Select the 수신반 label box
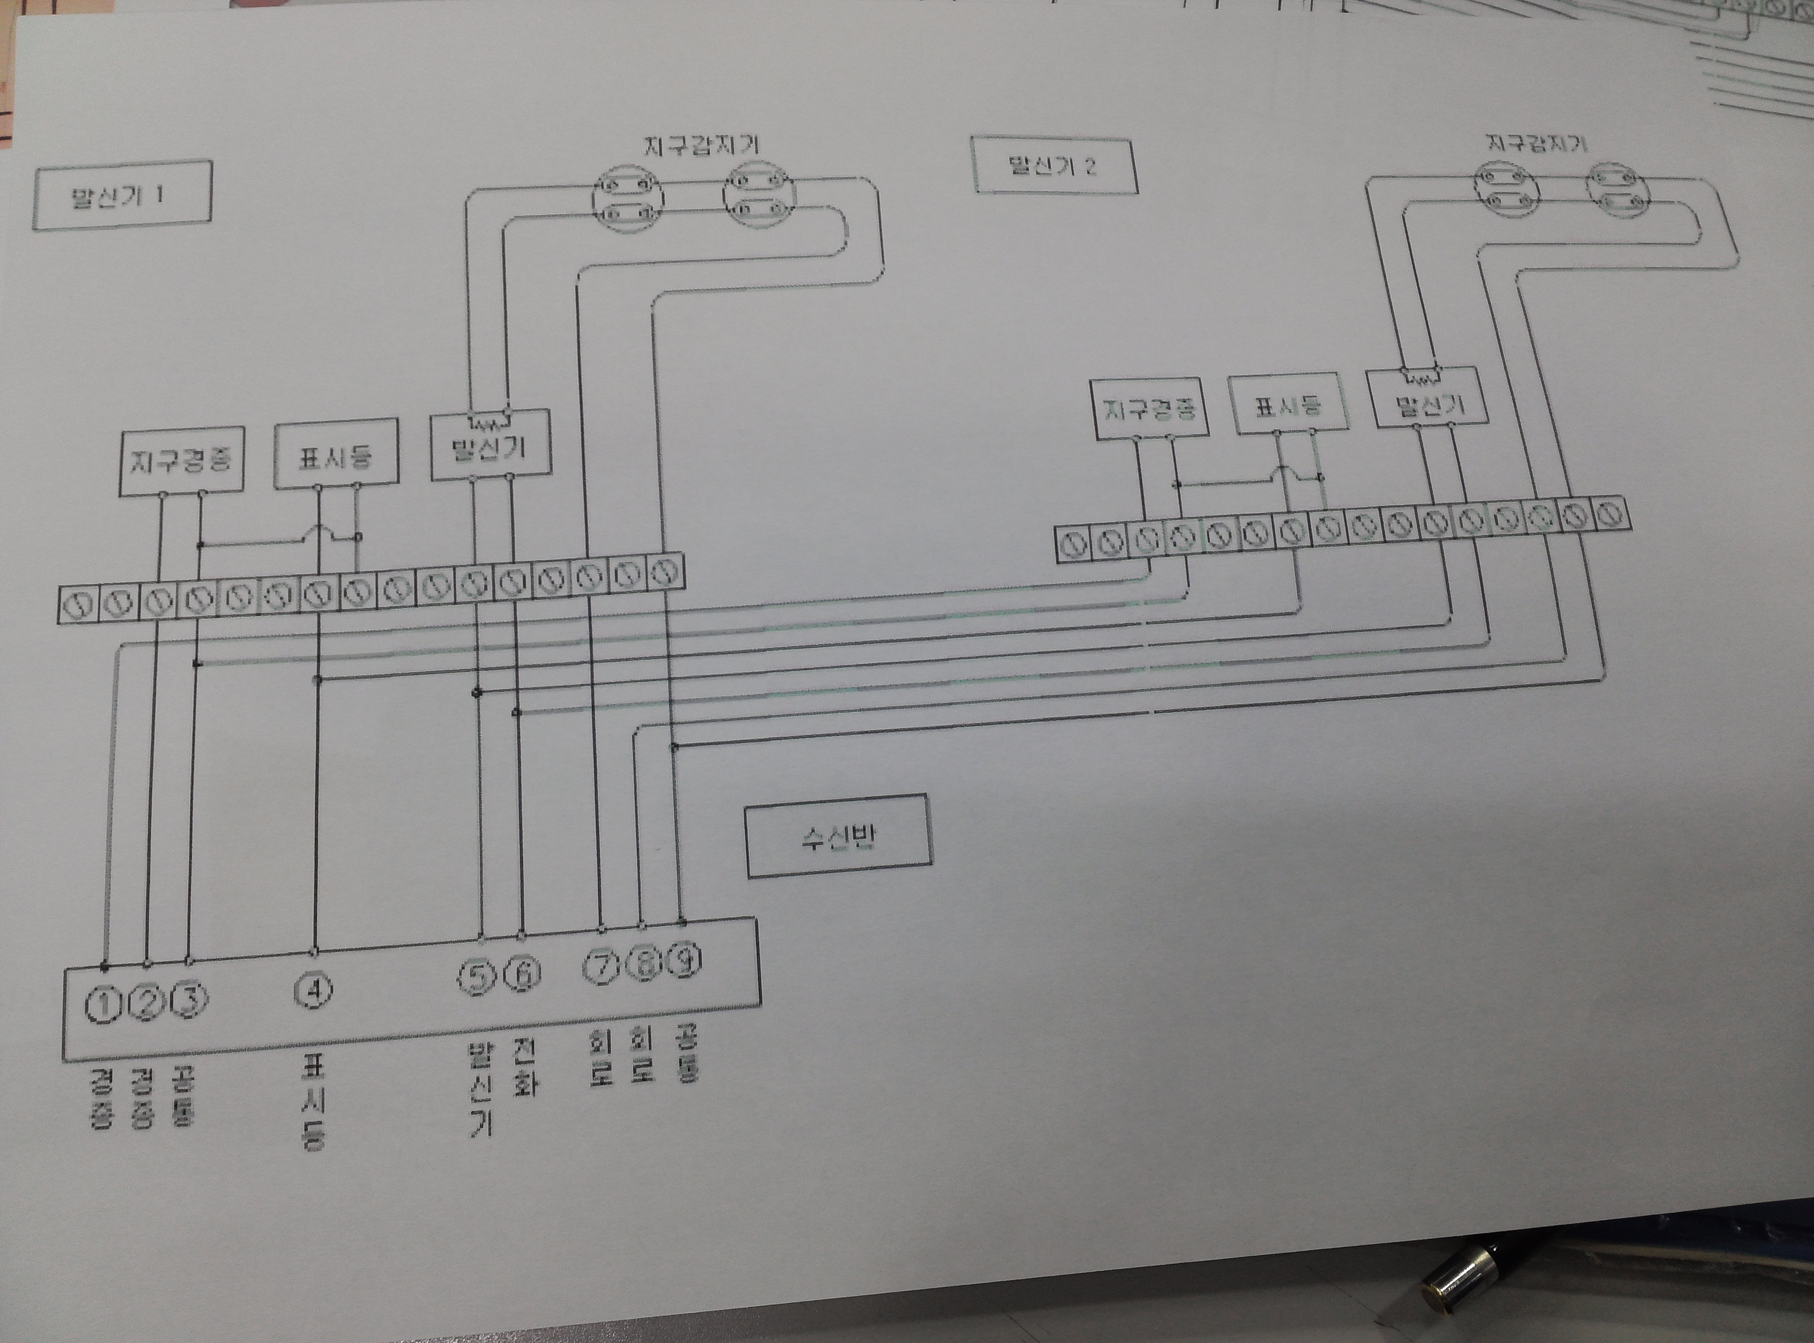[838, 836]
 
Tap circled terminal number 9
[685, 962]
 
